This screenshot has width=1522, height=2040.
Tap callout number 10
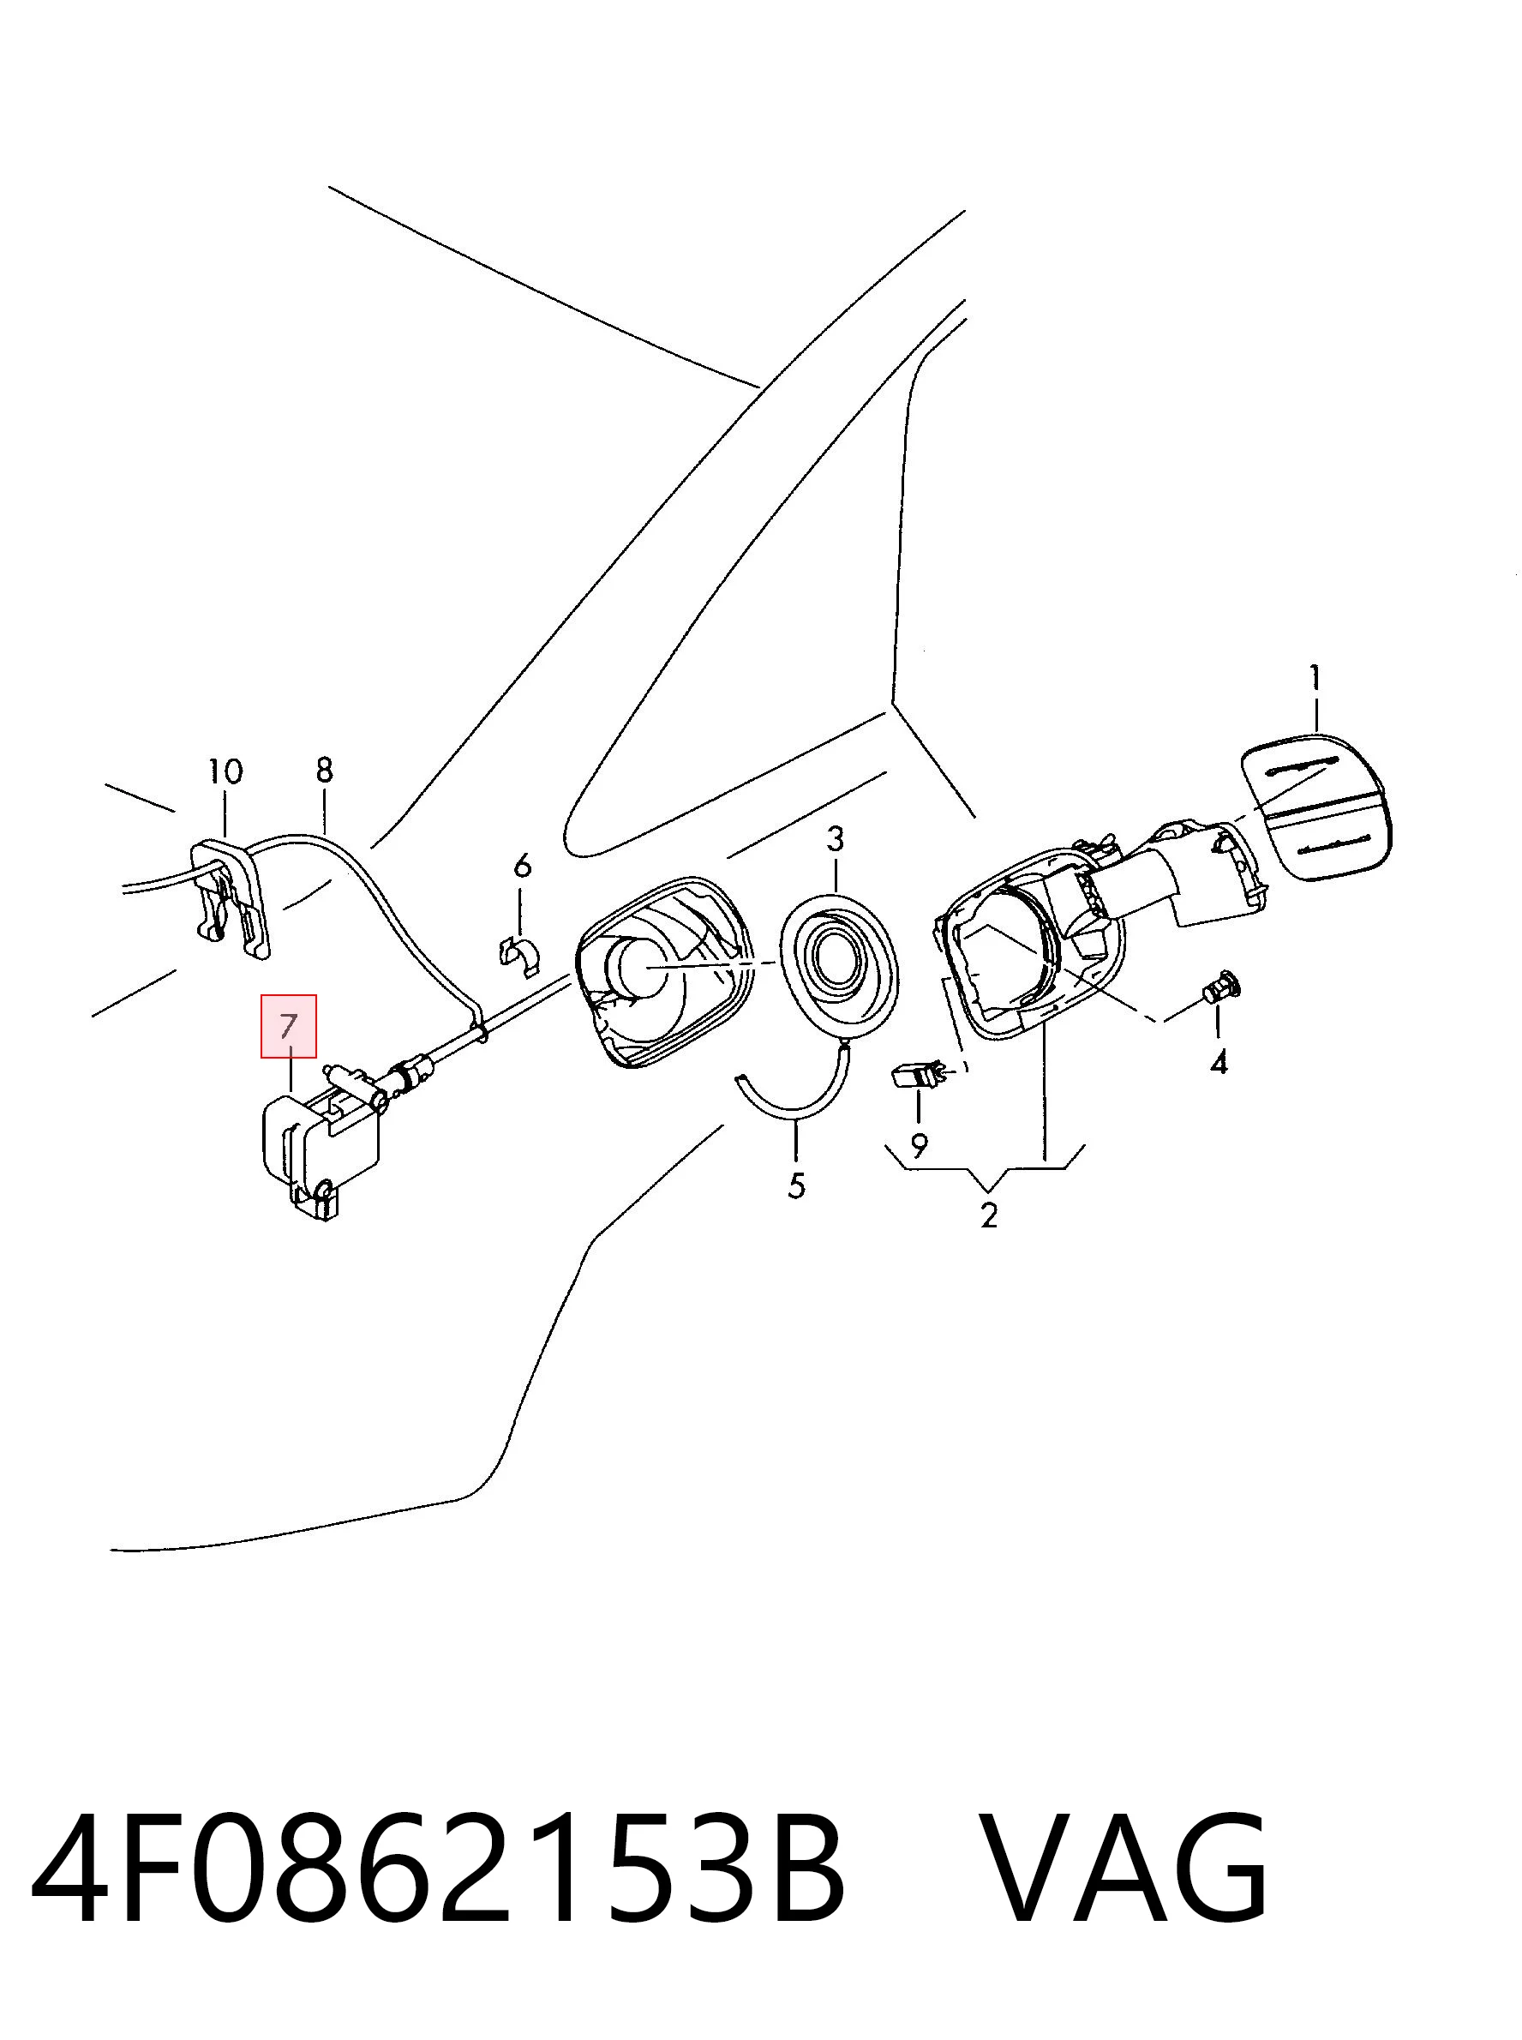(225, 771)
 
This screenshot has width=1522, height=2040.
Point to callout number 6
(523, 865)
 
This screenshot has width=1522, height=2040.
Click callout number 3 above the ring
(835, 838)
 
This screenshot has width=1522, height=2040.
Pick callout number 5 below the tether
(797, 1185)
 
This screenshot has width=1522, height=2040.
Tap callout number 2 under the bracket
(990, 1215)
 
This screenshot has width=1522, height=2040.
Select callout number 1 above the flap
(1315, 678)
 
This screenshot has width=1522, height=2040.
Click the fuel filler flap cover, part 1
(1316, 807)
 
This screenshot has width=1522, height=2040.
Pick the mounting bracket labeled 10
(231, 894)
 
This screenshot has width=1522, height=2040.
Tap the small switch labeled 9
(918, 1074)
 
